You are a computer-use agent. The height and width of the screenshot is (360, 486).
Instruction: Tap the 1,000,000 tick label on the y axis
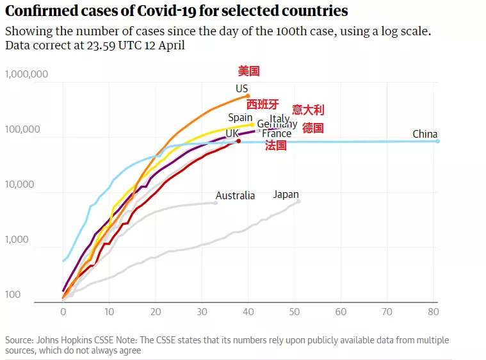27,74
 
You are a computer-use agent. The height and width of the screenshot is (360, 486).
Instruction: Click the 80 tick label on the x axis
434,311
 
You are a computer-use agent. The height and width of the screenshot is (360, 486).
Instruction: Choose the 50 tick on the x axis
295,311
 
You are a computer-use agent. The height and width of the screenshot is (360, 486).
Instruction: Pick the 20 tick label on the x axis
156,311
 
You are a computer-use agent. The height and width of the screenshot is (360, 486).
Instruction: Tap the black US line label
241,89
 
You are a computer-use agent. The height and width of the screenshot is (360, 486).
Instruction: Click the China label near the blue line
425,135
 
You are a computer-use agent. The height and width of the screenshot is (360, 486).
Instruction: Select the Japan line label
286,195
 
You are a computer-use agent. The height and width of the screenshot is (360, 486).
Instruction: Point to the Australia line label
235,196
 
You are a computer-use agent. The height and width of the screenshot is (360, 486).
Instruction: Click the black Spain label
240,118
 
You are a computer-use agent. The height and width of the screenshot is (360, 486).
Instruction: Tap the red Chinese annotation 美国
248,71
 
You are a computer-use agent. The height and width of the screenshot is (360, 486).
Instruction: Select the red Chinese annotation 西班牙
263,105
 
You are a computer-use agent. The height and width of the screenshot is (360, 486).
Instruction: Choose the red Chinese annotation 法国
275,146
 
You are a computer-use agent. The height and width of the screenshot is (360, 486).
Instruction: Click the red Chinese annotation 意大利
308,110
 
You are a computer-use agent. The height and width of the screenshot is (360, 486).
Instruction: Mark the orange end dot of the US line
248,96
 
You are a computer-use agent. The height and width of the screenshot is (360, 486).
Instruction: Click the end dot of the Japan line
298,202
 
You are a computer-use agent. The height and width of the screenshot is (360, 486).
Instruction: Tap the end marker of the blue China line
438,141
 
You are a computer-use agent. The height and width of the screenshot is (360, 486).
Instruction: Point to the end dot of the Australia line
215,202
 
